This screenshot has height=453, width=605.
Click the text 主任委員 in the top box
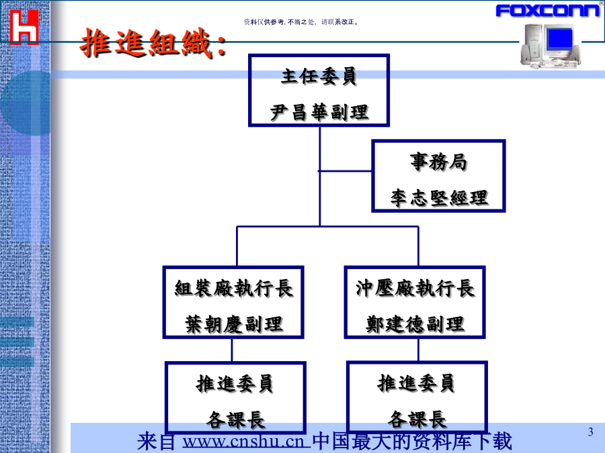coord(319,77)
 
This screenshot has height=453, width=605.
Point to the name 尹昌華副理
coord(319,111)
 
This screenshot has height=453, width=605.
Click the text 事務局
coord(438,162)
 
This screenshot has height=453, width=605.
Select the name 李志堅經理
coord(439,198)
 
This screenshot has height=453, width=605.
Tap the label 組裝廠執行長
coord(233,289)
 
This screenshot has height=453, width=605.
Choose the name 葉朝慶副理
coord(233,324)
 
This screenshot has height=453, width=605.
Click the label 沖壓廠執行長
coord(415,289)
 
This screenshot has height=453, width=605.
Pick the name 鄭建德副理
coord(415,324)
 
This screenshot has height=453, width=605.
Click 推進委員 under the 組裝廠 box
coord(235,384)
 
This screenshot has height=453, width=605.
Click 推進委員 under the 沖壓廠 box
coord(417,384)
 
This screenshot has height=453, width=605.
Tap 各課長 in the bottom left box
coord(235,419)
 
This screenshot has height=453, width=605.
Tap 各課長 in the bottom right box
coord(417,419)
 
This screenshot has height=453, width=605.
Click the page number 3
coord(590,432)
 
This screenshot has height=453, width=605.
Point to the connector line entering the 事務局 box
coord(346,171)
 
